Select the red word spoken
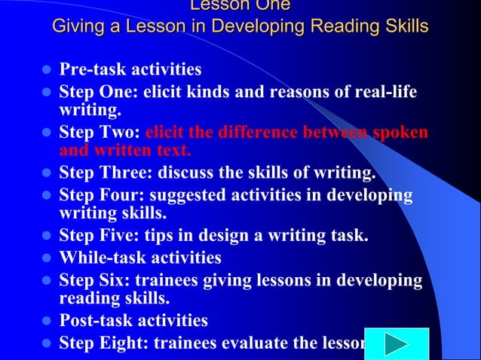(x=396, y=133)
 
